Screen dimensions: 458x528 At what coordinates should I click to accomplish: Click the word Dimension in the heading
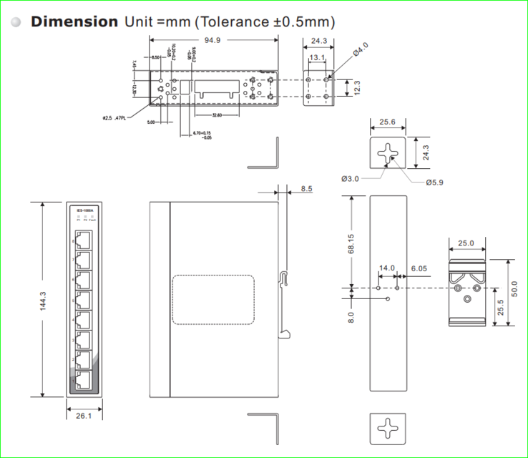tap(74, 21)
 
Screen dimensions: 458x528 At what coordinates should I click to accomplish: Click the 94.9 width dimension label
tap(212, 41)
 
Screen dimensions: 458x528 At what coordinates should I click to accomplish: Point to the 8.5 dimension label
tap(306, 189)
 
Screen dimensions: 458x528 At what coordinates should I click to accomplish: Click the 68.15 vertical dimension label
tap(351, 243)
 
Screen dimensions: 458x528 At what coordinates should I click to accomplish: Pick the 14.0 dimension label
tap(387, 268)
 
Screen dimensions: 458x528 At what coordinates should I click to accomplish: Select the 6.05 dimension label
tap(419, 268)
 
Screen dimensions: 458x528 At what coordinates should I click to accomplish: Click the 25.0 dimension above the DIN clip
tap(465, 243)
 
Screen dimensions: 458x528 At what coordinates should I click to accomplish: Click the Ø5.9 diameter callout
tap(434, 182)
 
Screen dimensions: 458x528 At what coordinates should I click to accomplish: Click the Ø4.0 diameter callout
tap(361, 49)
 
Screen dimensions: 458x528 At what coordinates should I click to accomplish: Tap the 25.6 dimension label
tap(388, 122)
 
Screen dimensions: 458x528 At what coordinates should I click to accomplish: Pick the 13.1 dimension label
tap(317, 58)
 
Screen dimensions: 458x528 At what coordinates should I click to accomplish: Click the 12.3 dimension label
tap(356, 87)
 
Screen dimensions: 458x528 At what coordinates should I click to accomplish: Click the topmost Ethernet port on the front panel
tap(83, 240)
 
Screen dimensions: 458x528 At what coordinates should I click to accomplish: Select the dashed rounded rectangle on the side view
tap(213, 300)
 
